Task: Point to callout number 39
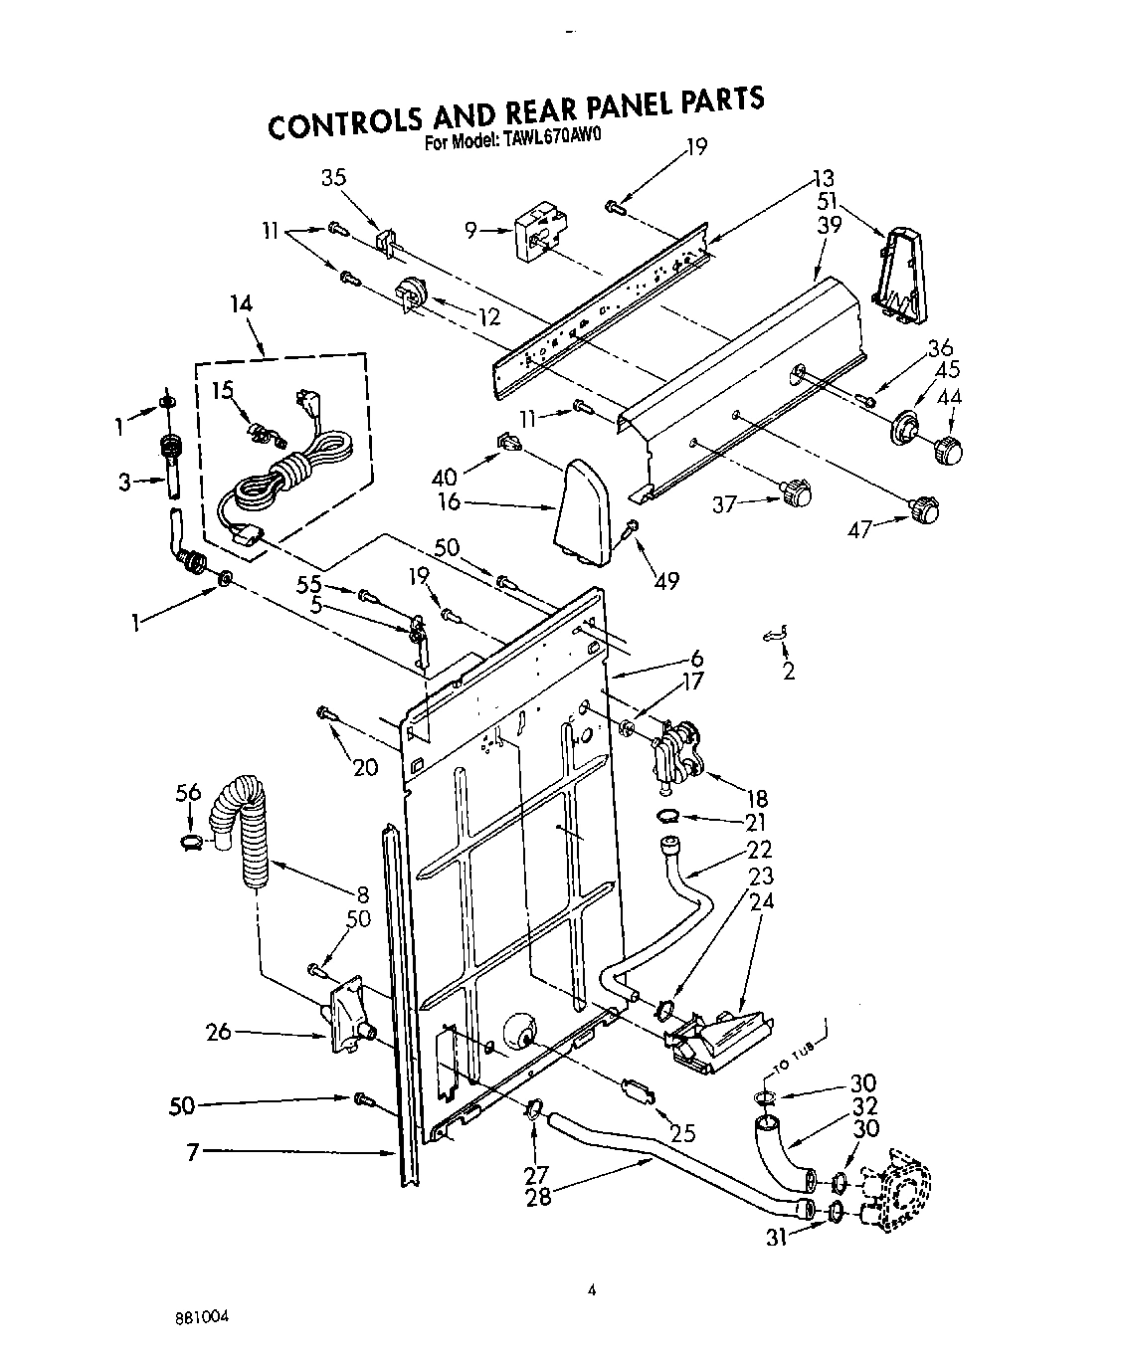click(828, 226)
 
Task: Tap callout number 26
click(219, 1031)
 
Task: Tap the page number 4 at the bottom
click(591, 1291)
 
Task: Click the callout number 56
click(188, 792)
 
